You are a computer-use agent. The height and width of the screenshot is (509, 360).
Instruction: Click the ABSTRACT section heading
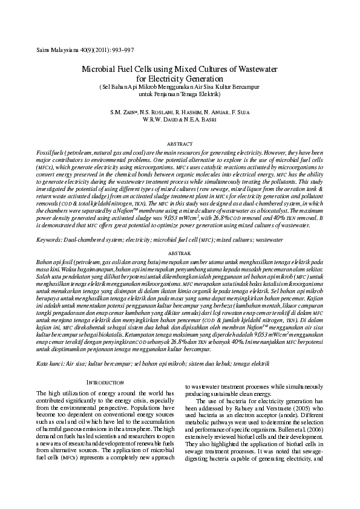click(x=180, y=144)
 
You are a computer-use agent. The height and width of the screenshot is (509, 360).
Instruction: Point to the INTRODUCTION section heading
click(x=106, y=382)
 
